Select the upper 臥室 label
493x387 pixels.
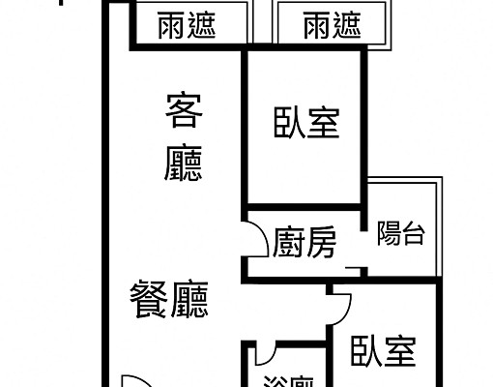306,123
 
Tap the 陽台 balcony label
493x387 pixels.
400,233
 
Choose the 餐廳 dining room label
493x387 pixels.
170,299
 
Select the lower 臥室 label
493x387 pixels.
384,350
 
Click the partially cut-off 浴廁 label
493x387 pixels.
287,380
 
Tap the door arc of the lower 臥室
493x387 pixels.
341,308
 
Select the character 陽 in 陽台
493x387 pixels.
389,233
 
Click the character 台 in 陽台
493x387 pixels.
413,233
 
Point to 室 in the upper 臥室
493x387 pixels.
325,123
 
